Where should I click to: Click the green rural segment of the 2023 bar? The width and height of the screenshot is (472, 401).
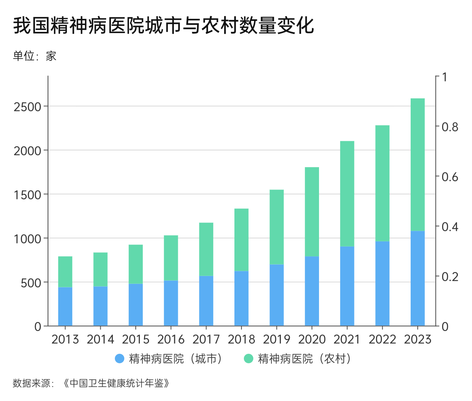point(417,164)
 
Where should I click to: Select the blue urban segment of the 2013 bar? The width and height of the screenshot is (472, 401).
point(65,306)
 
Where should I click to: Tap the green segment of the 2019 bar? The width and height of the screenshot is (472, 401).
point(277,227)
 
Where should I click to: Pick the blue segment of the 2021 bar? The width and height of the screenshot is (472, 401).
point(347,286)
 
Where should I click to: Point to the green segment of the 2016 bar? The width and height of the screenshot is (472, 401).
point(171,258)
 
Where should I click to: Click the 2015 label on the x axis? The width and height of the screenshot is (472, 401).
point(136,339)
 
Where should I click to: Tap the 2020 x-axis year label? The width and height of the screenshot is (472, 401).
point(312,339)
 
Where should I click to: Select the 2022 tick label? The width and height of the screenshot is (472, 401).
point(382,339)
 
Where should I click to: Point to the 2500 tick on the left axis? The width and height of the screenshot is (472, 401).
point(28,107)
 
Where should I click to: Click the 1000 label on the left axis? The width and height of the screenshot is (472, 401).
point(28,239)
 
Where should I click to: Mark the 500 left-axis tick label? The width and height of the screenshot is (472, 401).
point(31,283)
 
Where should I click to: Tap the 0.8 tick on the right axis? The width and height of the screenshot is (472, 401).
point(450,127)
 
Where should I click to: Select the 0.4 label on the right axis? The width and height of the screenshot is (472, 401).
point(450,227)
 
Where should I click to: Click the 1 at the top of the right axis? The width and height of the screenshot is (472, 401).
point(444,77)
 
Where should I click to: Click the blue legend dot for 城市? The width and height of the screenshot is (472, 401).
point(120,359)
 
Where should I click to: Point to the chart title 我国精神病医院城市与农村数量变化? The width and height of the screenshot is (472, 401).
point(163,26)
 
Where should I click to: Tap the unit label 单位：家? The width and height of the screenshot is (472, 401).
point(35,56)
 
